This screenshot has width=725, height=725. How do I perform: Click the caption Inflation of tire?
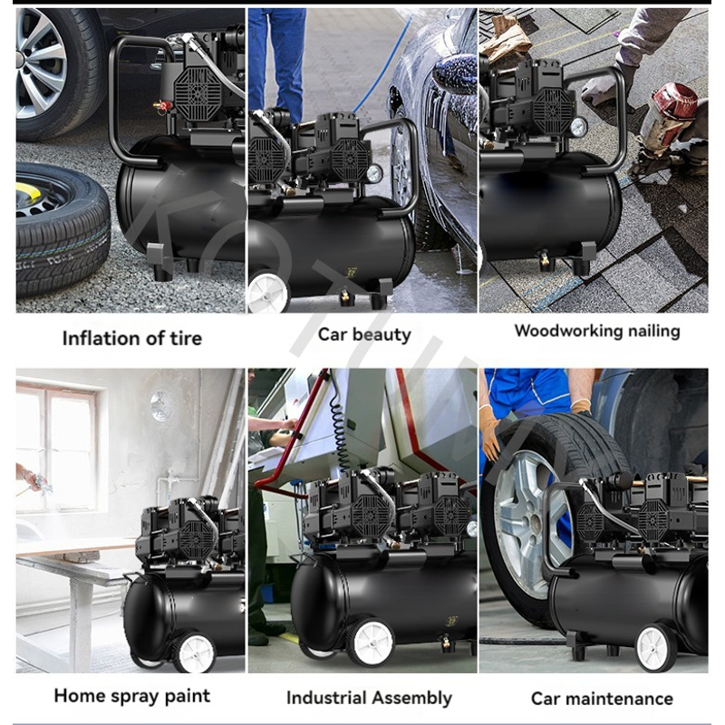132,338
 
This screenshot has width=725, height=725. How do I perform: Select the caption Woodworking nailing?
597,331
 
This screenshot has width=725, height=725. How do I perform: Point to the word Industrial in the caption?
325,698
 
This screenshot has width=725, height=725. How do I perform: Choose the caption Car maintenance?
602,698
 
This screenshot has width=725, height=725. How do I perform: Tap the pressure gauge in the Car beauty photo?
374,174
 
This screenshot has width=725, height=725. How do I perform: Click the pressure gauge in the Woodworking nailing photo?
578,127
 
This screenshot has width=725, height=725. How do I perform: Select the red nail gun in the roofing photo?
671,118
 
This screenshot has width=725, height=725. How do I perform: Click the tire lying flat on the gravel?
63,228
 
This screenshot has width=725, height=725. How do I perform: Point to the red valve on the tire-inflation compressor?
163,106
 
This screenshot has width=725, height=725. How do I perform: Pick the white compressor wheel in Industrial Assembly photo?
370,643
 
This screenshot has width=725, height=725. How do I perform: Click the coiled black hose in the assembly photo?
339,432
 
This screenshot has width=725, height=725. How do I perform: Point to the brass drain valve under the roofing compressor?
546,260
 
